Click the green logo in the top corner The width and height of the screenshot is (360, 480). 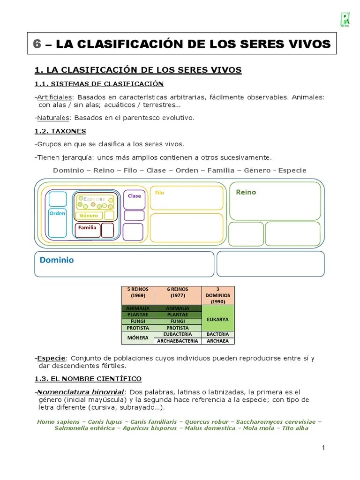(345, 19)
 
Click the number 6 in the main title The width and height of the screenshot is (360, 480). (37, 44)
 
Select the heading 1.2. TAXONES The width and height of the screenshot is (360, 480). (60, 131)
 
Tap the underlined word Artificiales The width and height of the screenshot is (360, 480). (54, 97)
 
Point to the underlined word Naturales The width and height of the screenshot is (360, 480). (53, 118)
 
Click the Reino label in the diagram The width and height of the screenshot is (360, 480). (246, 192)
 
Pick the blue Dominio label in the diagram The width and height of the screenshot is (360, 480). (57, 260)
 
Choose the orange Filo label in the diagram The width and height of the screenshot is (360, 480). (159, 193)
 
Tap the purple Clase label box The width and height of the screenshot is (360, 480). (135, 196)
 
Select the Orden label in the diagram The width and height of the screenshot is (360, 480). (57, 213)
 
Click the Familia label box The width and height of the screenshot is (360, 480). (88, 228)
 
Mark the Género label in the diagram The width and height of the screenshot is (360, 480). (89, 216)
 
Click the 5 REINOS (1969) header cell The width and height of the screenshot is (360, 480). (138, 292)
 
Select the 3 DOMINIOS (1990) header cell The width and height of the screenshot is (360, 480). (218, 295)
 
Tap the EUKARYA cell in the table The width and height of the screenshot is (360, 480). (218, 319)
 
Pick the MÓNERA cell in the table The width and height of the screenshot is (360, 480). (138, 337)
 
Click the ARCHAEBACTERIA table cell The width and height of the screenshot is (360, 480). (178, 341)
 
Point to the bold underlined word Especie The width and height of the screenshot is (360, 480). (52, 359)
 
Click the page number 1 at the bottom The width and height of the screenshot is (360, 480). (323, 448)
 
